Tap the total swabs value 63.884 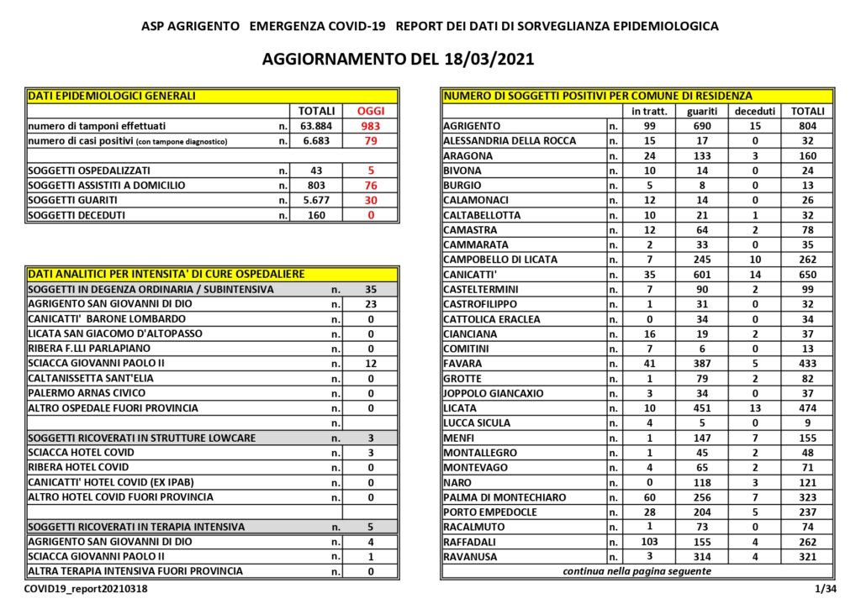[317, 126]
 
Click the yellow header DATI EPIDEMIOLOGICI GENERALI [112, 96]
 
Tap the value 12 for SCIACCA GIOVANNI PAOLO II [371, 364]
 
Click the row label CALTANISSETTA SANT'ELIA [87, 379]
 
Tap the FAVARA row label [462, 364]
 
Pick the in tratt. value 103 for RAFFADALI [648, 542]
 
